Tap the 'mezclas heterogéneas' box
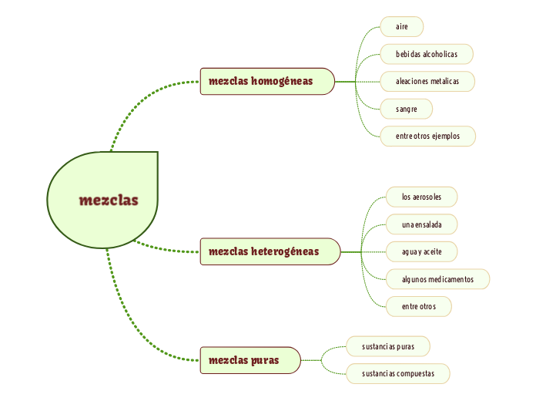270,251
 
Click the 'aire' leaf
402,27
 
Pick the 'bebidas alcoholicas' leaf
427,54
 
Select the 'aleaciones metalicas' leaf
427,81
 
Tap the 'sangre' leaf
407,109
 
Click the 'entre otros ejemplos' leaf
427,136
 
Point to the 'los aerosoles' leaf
422,197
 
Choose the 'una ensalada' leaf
422,224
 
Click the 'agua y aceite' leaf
422,251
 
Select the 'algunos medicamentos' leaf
437,278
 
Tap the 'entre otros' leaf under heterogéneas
419,306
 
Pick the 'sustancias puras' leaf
388,346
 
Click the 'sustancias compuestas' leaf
398,373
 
